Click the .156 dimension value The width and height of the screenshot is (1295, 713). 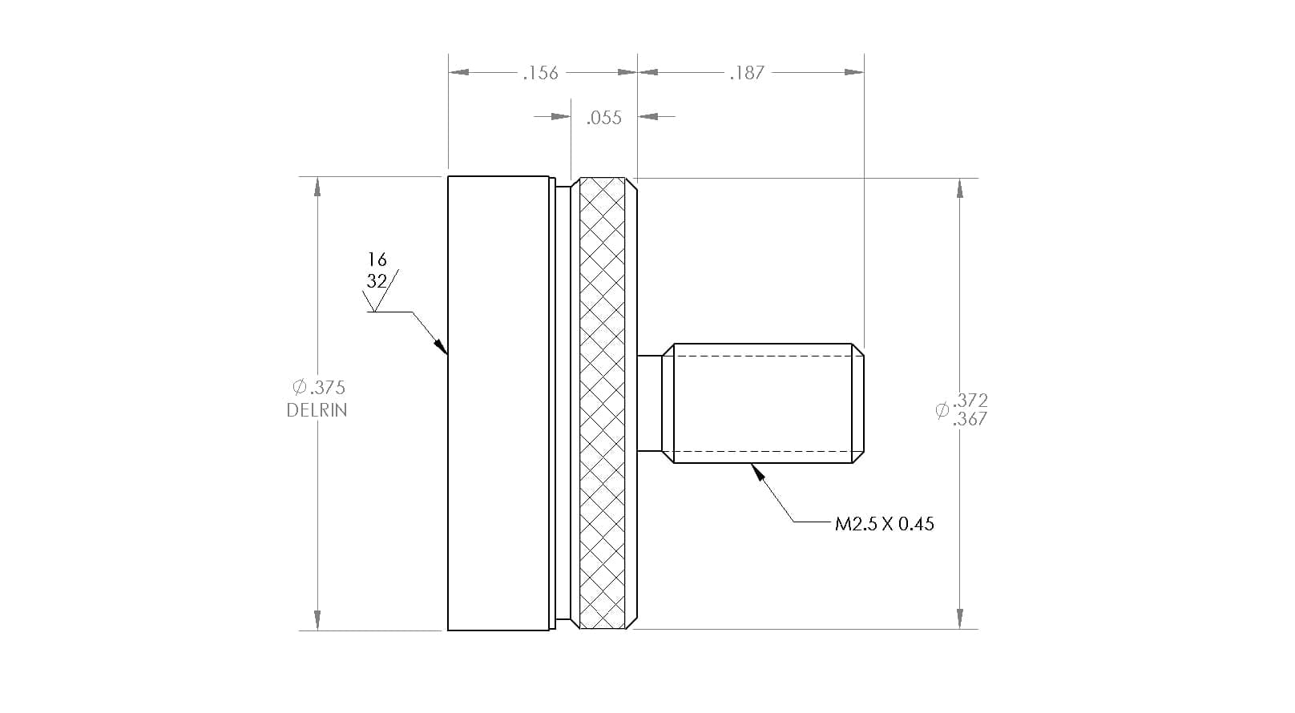coord(540,73)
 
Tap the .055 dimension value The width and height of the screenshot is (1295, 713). coord(603,118)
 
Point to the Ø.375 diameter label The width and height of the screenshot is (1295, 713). coord(319,387)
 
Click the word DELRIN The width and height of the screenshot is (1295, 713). coord(317,410)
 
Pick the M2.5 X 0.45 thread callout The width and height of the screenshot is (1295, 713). coord(885,524)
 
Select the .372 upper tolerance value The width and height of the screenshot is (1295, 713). coord(970,400)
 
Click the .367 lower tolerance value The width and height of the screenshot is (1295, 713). coord(970,420)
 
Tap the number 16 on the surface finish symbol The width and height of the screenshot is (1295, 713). coord(377,260)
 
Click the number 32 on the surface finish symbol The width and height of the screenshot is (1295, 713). coord(377,281)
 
